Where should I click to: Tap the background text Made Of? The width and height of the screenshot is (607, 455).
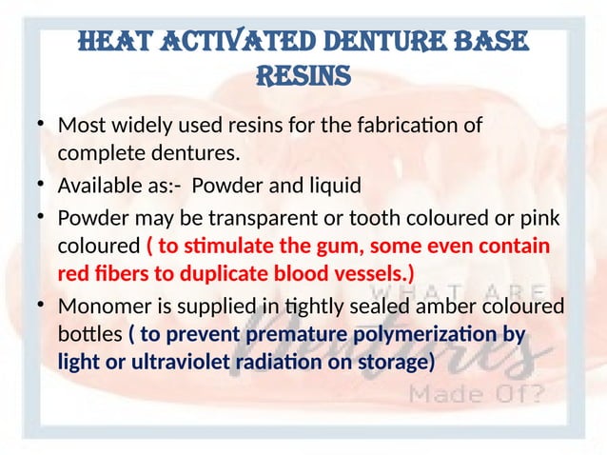[x=492, y=394]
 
